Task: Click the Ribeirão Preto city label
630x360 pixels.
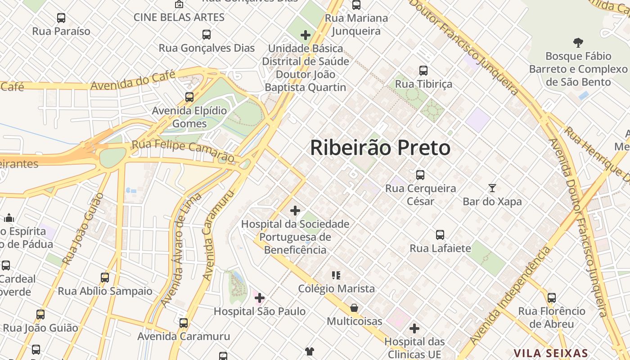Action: click(380, 148)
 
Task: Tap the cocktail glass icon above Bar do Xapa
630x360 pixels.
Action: click(492, 188)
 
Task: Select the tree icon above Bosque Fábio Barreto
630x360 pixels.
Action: click(578, 43)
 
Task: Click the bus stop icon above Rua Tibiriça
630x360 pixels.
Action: click(423, 71)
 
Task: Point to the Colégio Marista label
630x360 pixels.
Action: click(336, 288)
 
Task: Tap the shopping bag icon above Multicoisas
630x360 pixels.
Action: click(354, 308)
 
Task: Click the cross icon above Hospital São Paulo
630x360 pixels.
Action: click(260, 297)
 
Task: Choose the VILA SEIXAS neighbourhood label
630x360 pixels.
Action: click(551, 353)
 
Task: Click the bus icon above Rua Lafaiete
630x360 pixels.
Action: click(440, 234)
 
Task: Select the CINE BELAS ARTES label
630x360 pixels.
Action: click(179, 18)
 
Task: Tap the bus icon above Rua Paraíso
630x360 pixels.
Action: click(61, 18)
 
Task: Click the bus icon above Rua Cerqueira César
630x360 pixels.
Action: click(420, 175)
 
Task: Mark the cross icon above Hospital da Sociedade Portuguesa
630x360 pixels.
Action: click(295, 210)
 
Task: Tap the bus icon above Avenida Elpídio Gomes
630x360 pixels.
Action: click(189, 97)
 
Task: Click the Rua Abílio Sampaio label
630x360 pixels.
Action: click(105, 291)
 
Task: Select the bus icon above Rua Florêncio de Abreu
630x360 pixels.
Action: click(552, 297)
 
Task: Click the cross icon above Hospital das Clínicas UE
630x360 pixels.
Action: click(414, 328)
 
